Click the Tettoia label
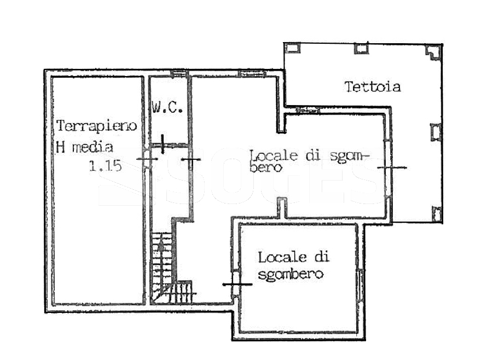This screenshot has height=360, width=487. point(373,86)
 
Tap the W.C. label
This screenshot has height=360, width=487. point(167,107)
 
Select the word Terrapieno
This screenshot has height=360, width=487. point(97,126)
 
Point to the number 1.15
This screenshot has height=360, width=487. point(105,166)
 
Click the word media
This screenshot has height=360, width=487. point(92,147)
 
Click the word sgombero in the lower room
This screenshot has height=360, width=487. point(291,275)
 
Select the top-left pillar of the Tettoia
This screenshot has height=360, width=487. point(293,48)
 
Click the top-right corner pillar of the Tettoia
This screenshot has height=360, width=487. point(433,52)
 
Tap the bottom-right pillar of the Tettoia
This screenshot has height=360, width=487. point(437,214)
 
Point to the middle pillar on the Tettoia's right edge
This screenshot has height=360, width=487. point(436,132)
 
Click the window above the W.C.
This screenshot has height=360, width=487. point(178,73)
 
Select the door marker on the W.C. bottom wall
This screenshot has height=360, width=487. point(163,144)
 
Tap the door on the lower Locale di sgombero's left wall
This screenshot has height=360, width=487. point(237,284)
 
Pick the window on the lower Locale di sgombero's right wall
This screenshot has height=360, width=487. point(361,284)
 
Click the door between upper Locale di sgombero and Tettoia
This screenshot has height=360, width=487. point(389,167)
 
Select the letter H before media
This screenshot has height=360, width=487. point(61,147)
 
